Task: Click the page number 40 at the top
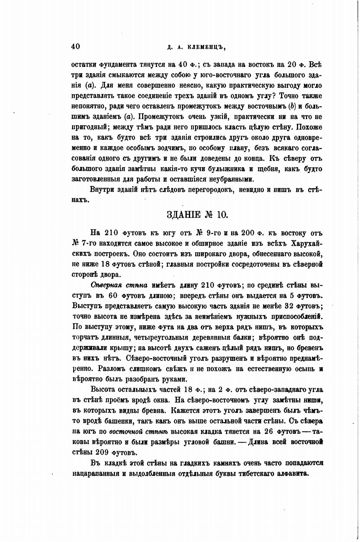tap(76, 46)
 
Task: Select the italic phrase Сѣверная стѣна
tap(119, 285)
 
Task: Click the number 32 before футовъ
tap(290, 306)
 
